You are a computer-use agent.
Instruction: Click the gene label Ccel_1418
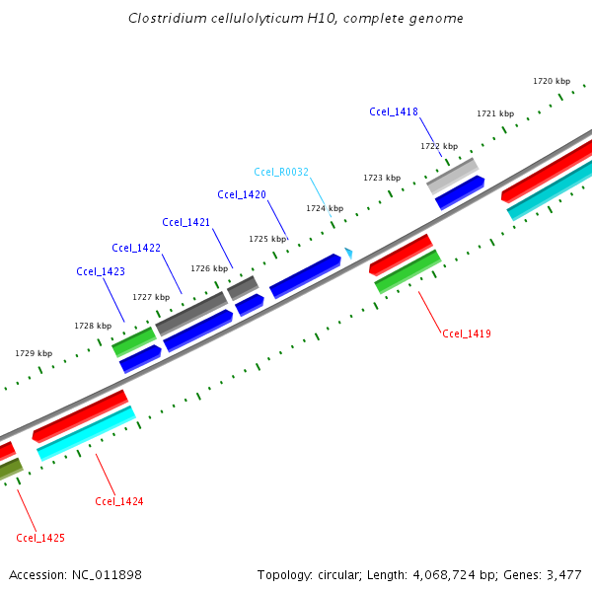point(394,111)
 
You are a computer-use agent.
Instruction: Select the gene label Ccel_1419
point(467,333)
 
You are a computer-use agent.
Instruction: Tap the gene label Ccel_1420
point(242,194)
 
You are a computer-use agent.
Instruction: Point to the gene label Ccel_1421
point(186,221)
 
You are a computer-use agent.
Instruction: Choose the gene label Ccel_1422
point(136,248)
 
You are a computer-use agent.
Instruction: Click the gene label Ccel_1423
point(101,271)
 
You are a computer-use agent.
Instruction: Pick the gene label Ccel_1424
point(119,501)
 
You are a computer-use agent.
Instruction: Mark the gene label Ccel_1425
point(40,538)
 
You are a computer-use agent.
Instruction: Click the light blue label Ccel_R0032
point(281,172)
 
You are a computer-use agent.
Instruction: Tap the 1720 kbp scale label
point(552,81)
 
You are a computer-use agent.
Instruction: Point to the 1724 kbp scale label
point(325,208)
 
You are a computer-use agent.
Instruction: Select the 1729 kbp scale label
point(34,352)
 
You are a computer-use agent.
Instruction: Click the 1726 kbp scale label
point(209,268)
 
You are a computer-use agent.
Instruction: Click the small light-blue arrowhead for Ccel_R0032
point(348,254)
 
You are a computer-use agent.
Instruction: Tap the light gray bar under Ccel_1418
point(452,176)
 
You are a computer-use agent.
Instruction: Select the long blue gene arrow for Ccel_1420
point(305,274)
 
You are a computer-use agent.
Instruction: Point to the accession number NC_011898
point(108,574)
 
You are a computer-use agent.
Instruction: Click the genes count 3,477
point(561,574)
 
